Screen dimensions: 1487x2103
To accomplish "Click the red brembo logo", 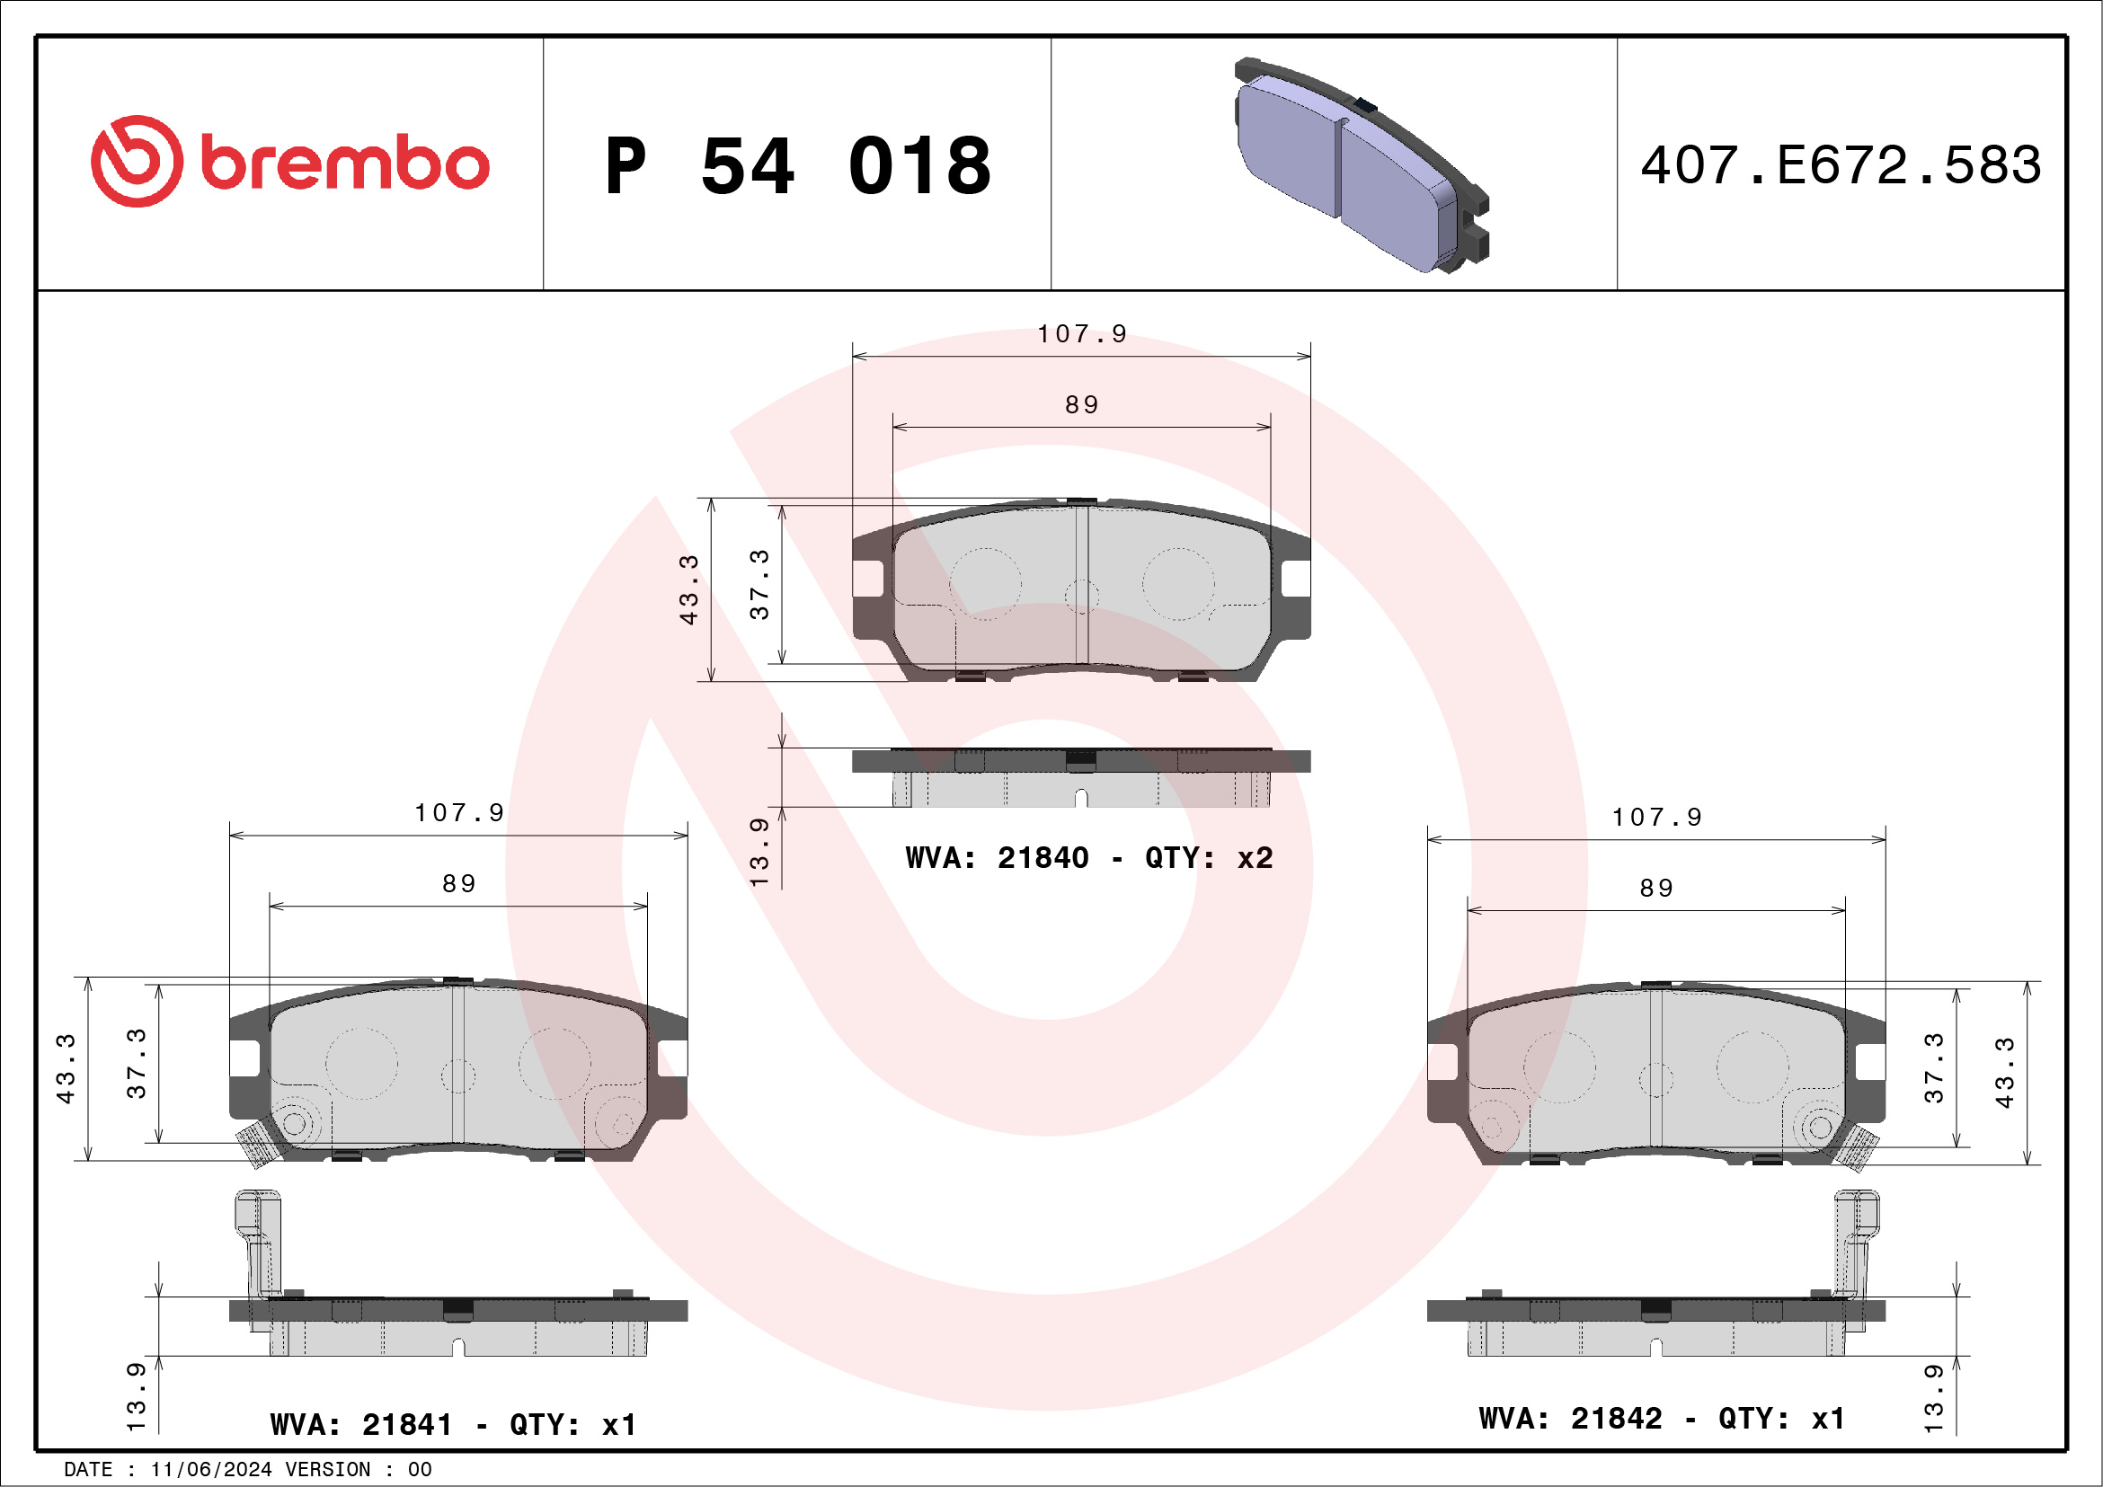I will [x=289, y=162].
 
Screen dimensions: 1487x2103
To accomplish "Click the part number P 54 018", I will [x=797, y=165].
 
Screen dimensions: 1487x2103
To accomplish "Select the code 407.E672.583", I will [x=1841, y=165].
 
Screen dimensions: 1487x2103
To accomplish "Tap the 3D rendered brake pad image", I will [x=1361, y=166].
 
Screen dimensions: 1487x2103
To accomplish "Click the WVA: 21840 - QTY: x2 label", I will [x=1088, y=858].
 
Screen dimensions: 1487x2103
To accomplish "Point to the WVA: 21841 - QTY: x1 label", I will [x=452, y=1425].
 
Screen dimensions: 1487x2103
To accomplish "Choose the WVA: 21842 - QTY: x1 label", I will [x=1662, y=1419].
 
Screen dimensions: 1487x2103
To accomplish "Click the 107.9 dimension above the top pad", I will [x=1082, y=334].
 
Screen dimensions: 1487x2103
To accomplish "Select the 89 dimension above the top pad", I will [x=1082, y=404].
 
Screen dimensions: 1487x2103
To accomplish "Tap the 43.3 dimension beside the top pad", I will [x=688, y=589].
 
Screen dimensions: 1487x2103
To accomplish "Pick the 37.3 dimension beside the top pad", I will [x=759, y=584].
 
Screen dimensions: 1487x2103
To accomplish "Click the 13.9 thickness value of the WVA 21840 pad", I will [x=759, y=852].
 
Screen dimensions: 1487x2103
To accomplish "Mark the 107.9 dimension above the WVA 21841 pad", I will [x=459, y=813].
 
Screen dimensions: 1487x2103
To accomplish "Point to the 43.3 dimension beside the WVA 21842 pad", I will [x=2004, y=1073].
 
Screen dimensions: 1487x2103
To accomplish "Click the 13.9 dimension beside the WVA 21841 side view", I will [x=136, y=1396].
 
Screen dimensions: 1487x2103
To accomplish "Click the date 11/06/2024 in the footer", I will [x=210, y=1470].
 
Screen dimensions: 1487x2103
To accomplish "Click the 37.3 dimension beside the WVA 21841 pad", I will [x=137, y=1063].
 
